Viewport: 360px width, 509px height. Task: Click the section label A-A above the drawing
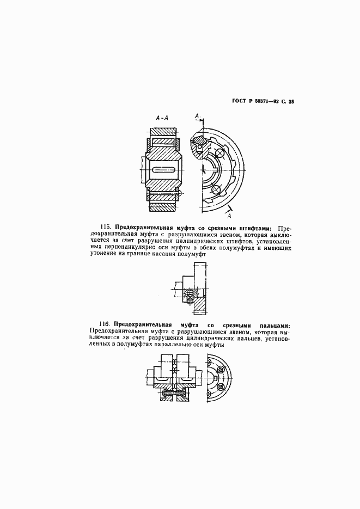pyautogui.click(x=162, y=117)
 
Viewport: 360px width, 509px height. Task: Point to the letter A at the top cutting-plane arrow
pyautogui.click(x=197, y=116)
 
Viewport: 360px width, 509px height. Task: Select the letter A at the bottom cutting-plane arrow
pyautogui.click(x=229, y=216)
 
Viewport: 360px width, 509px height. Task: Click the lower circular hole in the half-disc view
pyautogui.click(x=215, y=189)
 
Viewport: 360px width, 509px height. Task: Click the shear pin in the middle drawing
pyautogui.click(x=191, y=295)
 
